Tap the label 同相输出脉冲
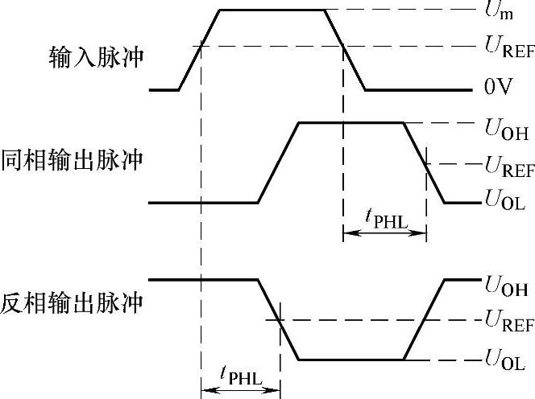(73, 159)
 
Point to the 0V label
(499, 88)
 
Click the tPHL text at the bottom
(240, 375)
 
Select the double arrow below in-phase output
(384, 234)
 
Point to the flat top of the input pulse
(272, 10)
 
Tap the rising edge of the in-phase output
(278, 162)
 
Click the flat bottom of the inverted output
(350, 360)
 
